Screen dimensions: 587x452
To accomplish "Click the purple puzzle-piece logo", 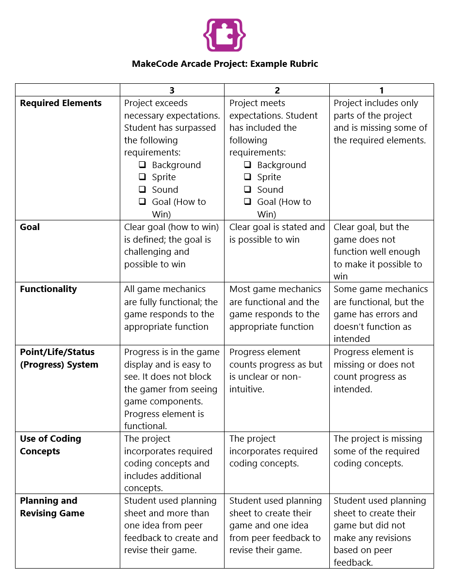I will [225, 35].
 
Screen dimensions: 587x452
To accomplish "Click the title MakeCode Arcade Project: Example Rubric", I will [225, 64].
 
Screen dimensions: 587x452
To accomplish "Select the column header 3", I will [172, 91].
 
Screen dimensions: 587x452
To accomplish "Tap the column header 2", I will [277, 91].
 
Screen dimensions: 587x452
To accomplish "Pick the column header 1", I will [382, 91].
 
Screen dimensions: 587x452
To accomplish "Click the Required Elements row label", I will [61, 103].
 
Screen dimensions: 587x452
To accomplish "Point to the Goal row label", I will [30, 227].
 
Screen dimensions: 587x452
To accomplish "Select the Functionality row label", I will [48, 289].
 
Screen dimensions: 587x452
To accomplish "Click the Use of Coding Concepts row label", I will [50, 445].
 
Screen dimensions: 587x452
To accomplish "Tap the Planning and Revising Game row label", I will [52, 507].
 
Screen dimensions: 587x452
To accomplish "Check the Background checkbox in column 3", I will [143, 165].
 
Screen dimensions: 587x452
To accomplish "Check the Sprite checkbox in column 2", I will [248, 177].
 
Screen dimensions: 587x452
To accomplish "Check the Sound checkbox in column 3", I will [143, 190].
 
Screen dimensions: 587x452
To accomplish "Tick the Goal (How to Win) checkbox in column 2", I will [248, 202].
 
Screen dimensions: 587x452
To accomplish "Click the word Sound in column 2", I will [270, 190].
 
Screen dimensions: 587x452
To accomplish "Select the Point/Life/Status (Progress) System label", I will [59, 358].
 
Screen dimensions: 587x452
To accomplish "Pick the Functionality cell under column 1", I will [381, 314].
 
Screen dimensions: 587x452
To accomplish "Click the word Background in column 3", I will [176, 165].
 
